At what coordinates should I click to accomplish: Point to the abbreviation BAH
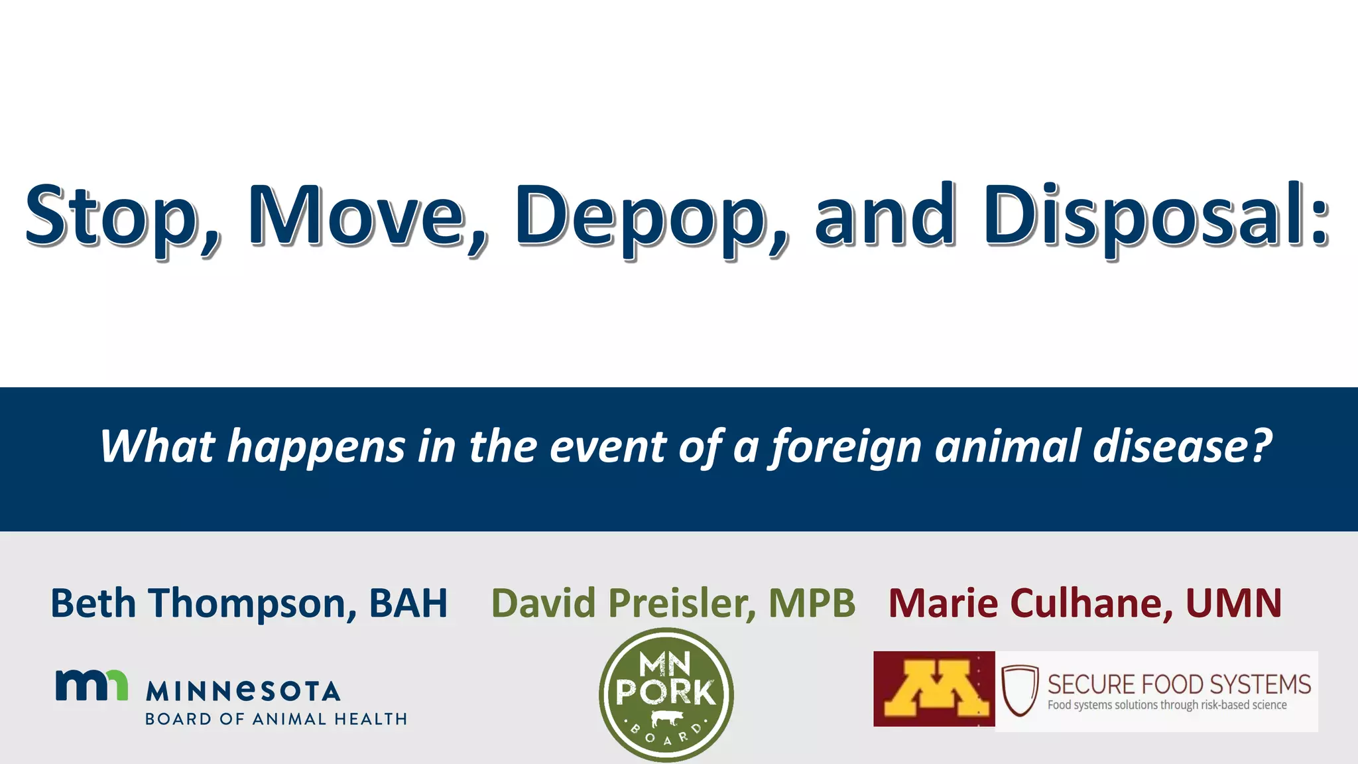pyautogui.click(x=408, y=603)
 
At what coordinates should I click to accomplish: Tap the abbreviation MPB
pyautogui.click(x=812, y=603)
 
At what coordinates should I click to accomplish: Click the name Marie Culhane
pyautogui.click(x=1024, y=603)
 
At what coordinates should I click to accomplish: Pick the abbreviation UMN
pyautogui.click(x=1233, y=603)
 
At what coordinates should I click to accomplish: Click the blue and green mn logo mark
pyautogui.click(x=92, y=685)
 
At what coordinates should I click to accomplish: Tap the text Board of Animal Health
pyautogui.click(x=276, y=719)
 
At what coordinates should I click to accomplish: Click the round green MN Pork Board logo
pyautogui.click(x=666, y=694)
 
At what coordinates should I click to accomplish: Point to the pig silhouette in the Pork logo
pyautogui.click(x=666, y=718)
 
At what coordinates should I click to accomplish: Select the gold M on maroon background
pyautogui.click(x=934, y=689)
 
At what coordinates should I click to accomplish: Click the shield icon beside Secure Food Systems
pyautogui.click(x=1019, y=690)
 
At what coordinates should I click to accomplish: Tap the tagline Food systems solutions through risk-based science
pyautogui.click(x=1167, y=705)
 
